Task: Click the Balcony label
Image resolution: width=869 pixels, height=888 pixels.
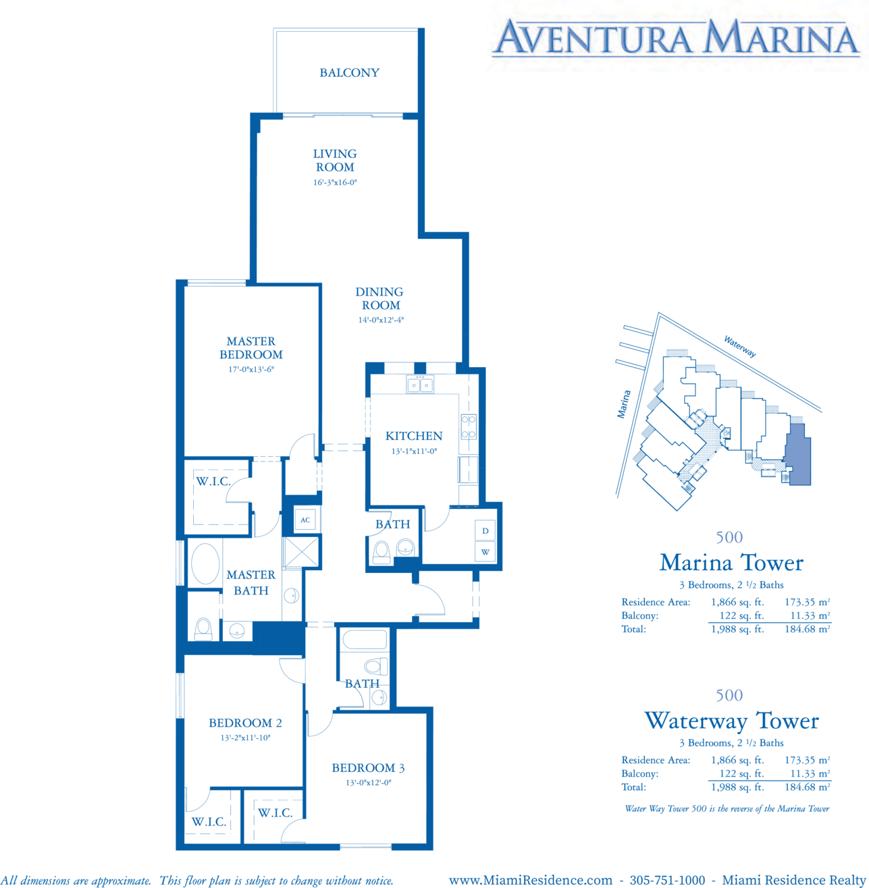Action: [349, 73]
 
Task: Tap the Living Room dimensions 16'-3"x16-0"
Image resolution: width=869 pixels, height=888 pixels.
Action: [335, 183]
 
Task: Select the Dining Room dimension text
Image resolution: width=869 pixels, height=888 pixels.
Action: [381, 320]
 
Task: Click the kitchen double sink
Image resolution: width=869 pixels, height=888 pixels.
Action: [420, 385]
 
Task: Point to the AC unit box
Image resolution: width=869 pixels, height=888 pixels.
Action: [305, 520]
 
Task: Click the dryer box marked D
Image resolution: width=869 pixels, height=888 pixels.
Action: [485, 530]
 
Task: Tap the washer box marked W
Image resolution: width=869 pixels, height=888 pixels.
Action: [485, 552]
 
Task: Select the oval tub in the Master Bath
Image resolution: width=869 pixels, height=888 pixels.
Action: [205, 563]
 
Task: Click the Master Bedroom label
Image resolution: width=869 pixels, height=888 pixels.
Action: [251, 348]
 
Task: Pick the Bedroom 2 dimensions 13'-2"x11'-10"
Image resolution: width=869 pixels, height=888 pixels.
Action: [245, 738]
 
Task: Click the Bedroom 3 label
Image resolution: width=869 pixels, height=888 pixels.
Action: [368, 767]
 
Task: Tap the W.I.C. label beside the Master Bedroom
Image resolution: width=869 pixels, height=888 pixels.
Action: [213, 481]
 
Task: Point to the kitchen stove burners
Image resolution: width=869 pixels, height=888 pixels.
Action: [469, 426]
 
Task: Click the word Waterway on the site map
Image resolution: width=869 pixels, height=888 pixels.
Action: [740, 346]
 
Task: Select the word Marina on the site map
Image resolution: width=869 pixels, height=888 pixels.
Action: [624, 404]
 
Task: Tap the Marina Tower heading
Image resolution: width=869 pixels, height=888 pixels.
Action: [731, 563]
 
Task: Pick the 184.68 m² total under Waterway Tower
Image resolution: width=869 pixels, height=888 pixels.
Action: [807, 787]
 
